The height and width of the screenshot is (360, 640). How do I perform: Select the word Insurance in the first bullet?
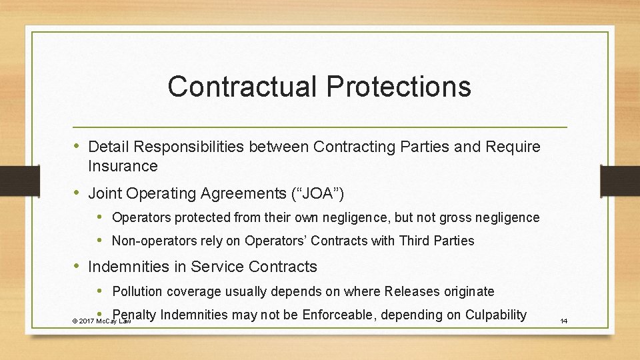(123, 165)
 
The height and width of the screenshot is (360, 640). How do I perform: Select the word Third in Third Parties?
(415, 241)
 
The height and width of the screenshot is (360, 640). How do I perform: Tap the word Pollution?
(138, 291)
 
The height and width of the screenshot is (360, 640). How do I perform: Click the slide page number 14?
(563, 321)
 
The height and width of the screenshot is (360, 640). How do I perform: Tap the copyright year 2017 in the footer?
(86, 321)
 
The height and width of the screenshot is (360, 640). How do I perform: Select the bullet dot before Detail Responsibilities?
(77, 146)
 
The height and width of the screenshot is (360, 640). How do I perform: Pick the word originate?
(470, 291)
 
